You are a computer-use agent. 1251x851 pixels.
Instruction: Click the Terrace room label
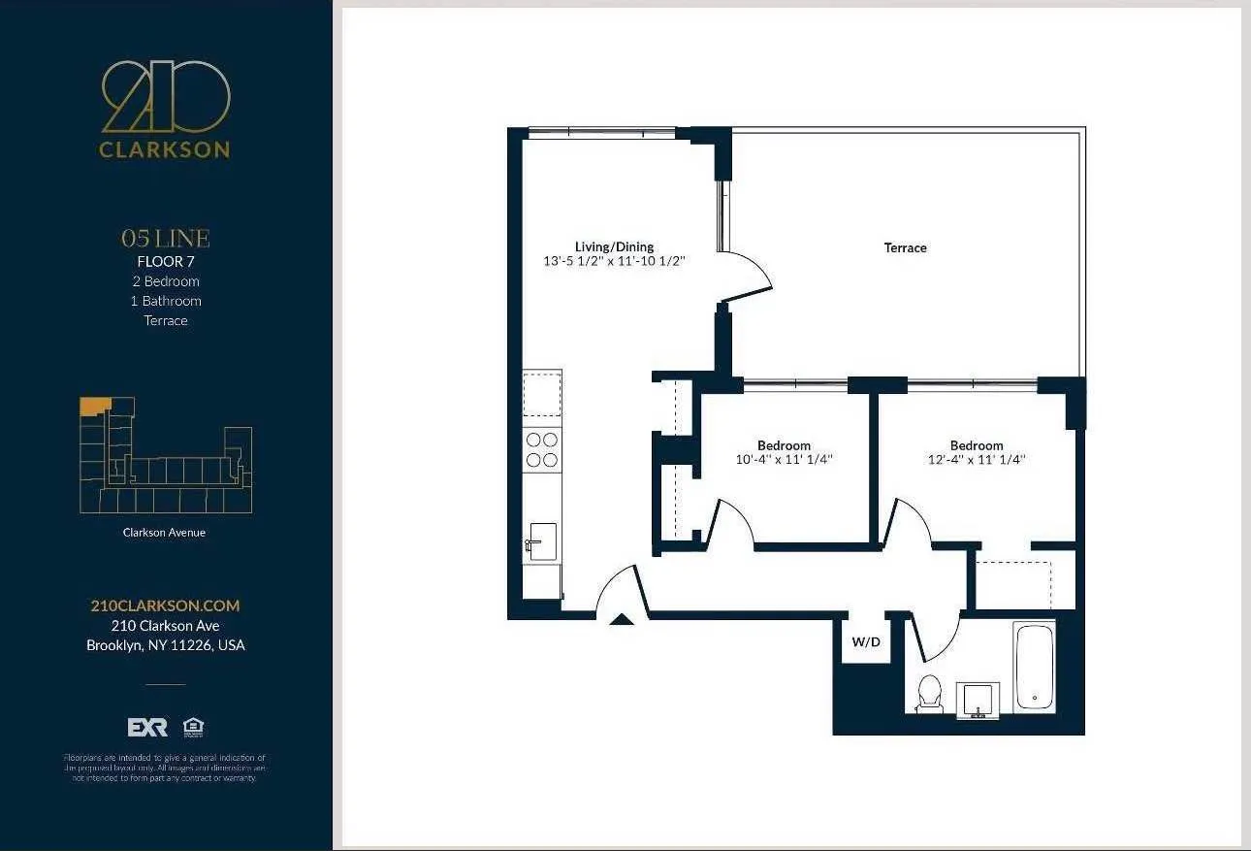905,247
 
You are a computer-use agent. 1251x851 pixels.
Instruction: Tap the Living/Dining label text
614,246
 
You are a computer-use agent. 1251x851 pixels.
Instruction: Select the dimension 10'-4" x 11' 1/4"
784,460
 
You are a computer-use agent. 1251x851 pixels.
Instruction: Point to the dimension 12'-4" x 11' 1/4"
976,460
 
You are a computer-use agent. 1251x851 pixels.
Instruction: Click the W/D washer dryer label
866,642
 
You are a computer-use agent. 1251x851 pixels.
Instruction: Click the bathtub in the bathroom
1034,666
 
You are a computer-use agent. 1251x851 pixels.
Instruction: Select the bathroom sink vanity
978,700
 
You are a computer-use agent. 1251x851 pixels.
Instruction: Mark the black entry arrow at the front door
621,620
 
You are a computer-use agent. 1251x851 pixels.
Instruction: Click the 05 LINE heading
165,238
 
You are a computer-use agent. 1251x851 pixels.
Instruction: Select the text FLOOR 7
166,261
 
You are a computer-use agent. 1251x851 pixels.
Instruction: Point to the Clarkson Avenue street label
164,532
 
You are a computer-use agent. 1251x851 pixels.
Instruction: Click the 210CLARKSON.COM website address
165,606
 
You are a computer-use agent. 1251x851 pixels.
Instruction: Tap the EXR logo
147,728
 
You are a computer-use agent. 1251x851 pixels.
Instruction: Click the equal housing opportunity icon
193,727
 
